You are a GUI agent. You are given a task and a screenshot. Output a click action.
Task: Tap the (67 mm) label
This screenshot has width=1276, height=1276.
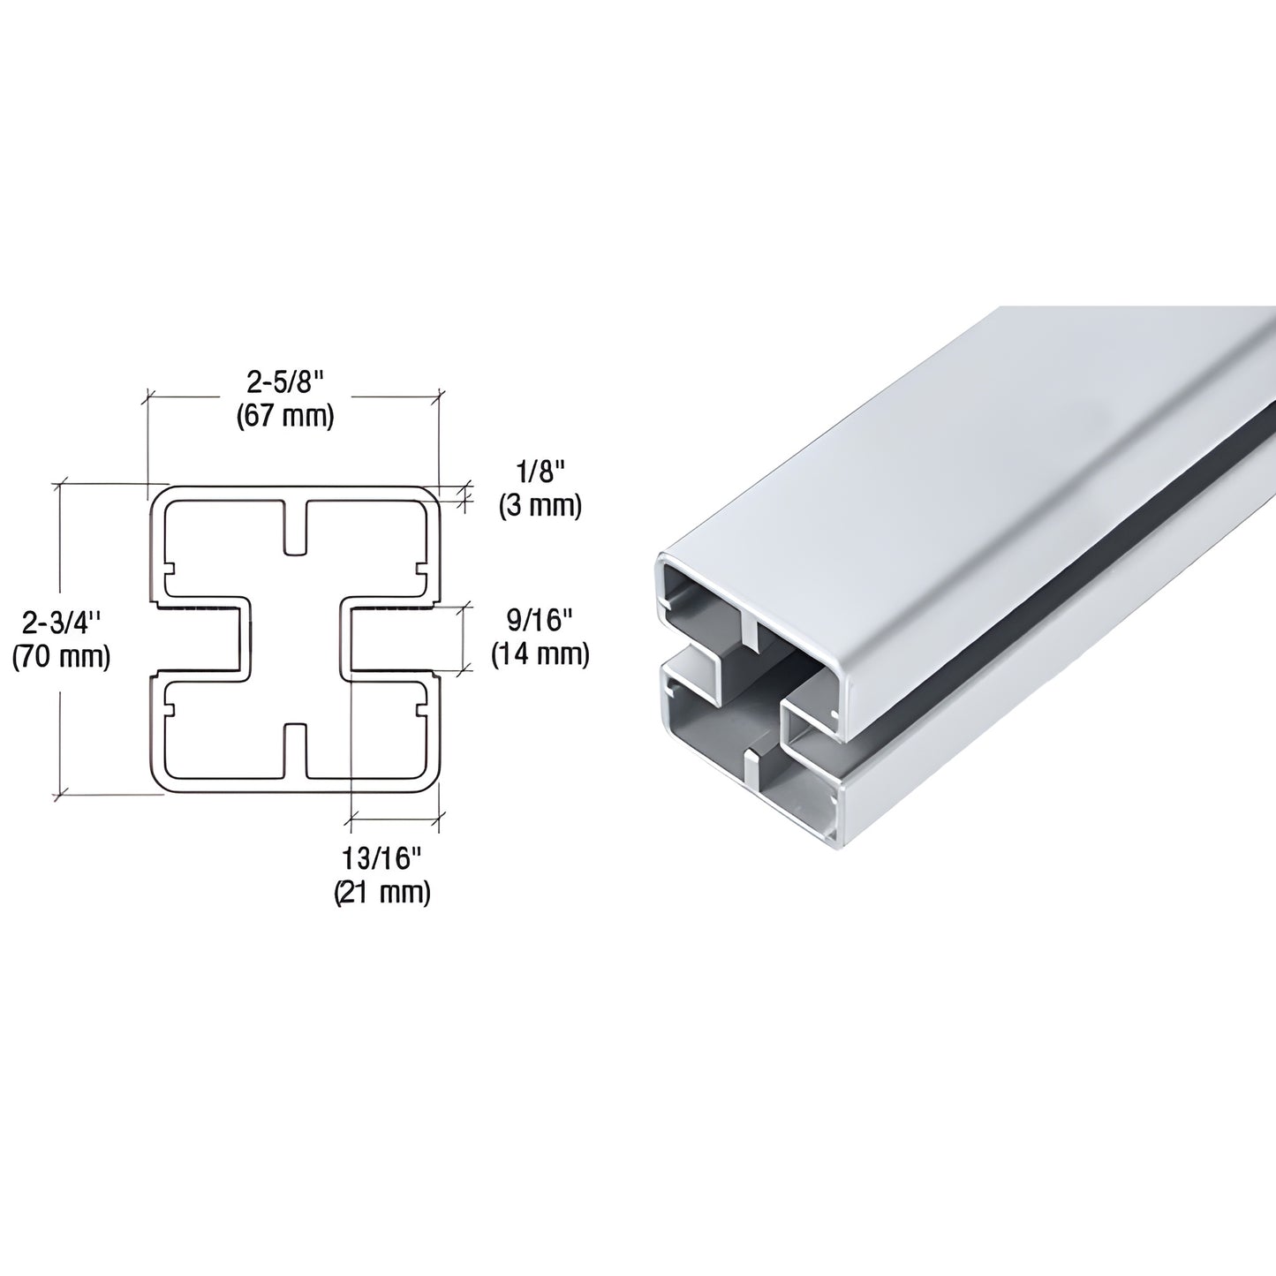pos(285,416)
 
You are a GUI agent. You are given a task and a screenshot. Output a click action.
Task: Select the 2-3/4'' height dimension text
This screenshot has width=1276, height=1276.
pos(62,623)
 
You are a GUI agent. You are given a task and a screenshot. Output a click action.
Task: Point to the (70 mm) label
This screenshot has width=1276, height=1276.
pos(62,656)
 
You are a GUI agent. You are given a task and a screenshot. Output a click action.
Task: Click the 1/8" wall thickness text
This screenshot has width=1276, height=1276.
pos(539,473)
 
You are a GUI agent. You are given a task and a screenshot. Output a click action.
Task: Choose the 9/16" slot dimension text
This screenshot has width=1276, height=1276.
pos(540,621)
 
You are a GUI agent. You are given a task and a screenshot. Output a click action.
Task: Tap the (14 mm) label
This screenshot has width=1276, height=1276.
pos(540,653)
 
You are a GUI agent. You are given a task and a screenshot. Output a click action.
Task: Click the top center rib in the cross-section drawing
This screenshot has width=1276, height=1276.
pos(296,528)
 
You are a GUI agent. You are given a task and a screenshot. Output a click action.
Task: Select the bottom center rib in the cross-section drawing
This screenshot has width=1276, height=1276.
pos(296,751)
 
